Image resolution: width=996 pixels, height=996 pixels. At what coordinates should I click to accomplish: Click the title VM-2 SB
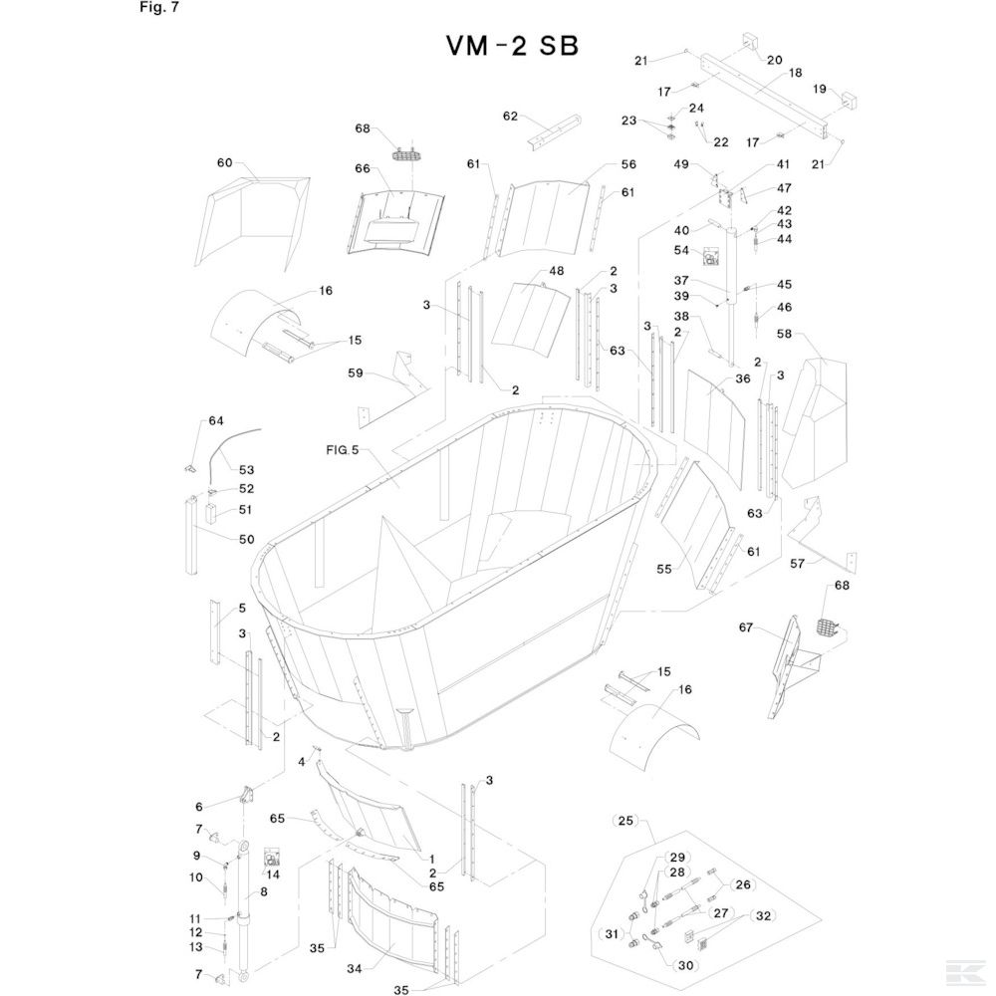[511, 47]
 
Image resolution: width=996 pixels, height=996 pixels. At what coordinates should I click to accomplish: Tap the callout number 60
[224, 162]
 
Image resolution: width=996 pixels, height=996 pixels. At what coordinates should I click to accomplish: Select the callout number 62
[511, 117]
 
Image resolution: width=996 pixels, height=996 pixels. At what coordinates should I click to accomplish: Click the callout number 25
[625, 821]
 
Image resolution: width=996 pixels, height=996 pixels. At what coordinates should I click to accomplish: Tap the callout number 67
[746, 627]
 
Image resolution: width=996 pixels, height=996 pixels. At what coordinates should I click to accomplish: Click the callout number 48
[556, 272]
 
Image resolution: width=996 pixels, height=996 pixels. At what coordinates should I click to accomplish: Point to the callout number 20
[775, 60]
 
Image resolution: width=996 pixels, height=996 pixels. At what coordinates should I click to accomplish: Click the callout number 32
[763, 914]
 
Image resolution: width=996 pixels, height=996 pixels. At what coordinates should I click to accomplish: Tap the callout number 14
[274, 873]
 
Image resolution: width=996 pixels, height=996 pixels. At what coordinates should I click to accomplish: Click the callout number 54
[682, 250]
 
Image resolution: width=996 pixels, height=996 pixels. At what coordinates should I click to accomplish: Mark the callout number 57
[798, 564]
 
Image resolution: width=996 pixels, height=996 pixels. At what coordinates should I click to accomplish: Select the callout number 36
[742, 378]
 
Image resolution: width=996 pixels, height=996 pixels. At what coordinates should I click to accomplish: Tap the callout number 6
[198, 806]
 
